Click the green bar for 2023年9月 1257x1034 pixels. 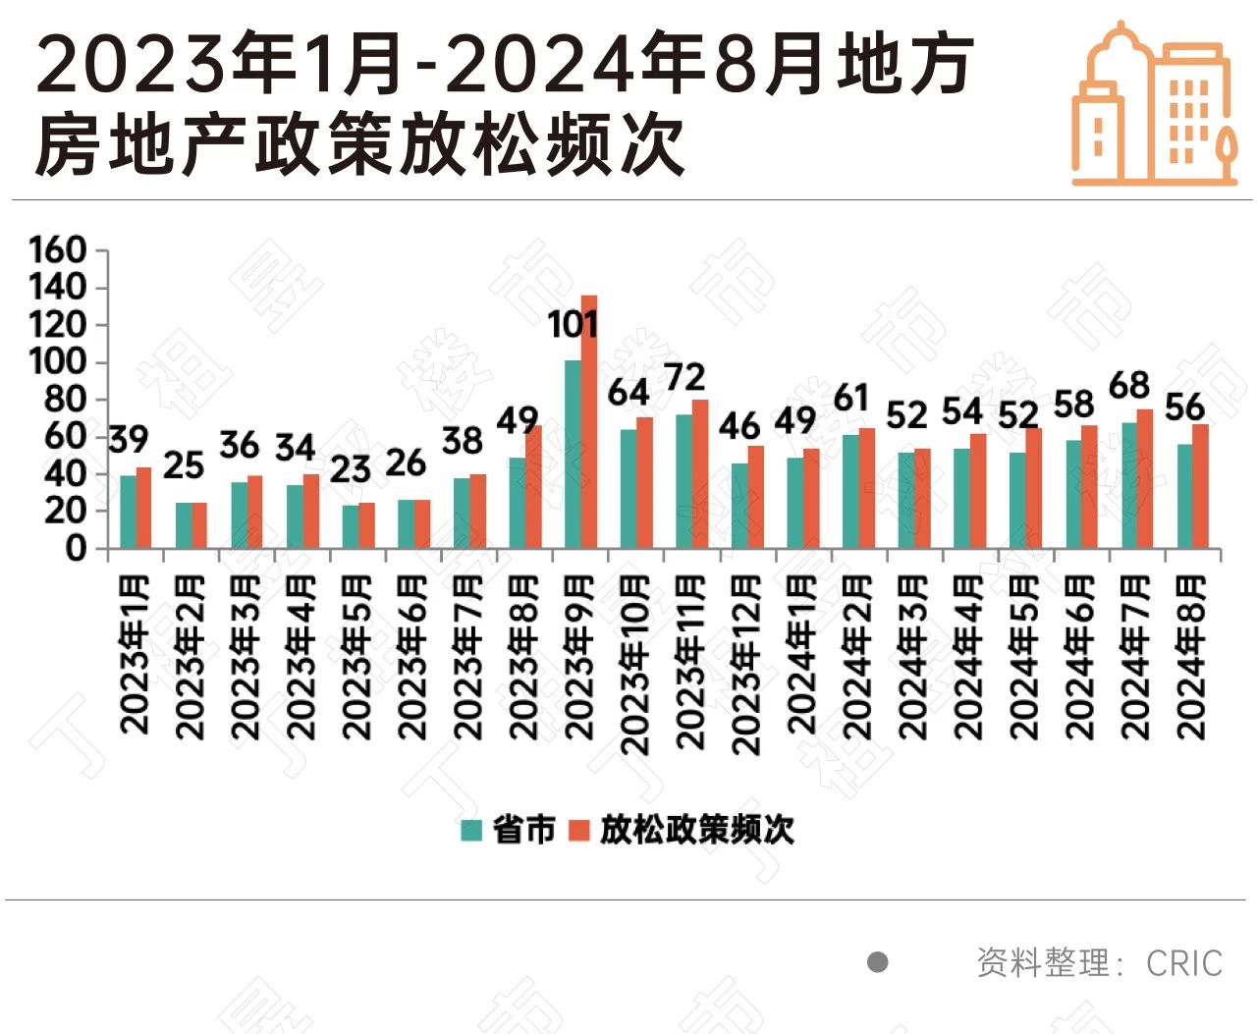coord(573,454)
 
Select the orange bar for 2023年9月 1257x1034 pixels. coord(589,421)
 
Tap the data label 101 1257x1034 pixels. coord(573,324)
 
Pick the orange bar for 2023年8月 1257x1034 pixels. coord(533,486)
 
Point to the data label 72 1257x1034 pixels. coord(684,378)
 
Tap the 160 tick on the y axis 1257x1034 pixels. coord(58,250)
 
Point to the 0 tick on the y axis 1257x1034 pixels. coord(76,548)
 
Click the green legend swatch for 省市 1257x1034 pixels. coord(472,830)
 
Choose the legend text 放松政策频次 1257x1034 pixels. coord(696,830)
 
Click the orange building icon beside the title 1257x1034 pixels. coord(1153,104)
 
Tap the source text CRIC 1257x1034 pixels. coord(1184,963)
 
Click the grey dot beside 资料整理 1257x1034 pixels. coord(878,962)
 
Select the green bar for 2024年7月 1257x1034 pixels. coord(1129,485)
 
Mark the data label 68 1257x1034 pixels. coord(1129,386)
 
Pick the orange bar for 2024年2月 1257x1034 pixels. coord(866,488)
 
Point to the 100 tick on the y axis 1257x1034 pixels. coord(58,362)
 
